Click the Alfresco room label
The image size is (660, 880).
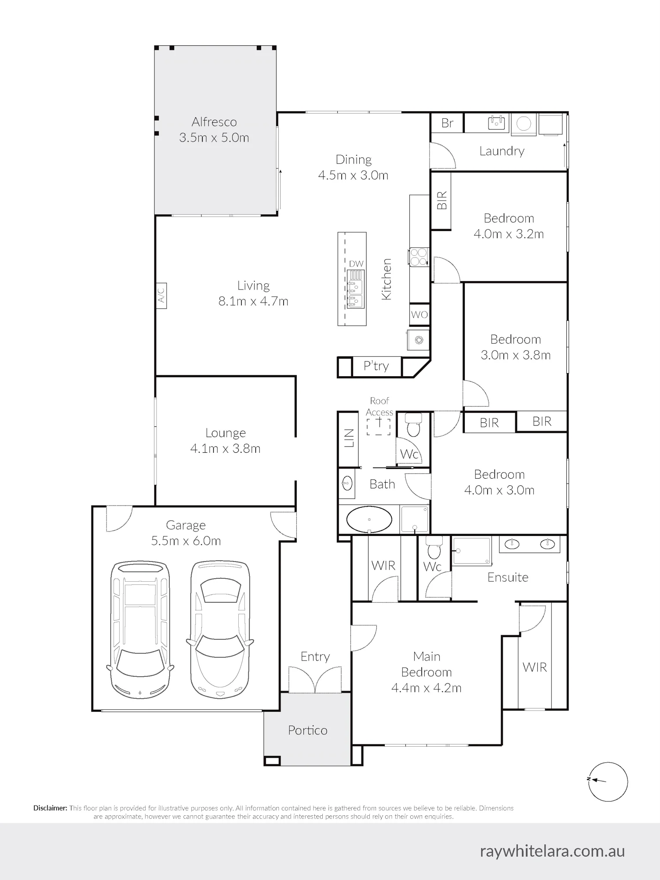click(x=214, y=122)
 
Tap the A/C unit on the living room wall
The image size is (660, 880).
click(x=161, y=295)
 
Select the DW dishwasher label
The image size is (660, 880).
click(x=356, y=264)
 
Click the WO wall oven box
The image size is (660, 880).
click(x=419, y=315)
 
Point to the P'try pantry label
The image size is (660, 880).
click(x=376, y=366)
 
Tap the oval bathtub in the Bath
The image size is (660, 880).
click(x=369, y=520)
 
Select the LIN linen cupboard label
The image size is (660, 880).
click(x=349, y=438)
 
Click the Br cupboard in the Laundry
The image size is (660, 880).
click(x=447, y=123)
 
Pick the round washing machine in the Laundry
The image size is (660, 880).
click(x=523, y=124)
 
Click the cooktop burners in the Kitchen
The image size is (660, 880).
click(x=419, y=257)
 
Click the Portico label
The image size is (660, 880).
click(x=308, y=730)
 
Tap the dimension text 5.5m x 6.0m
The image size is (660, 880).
click(x=186, y=541)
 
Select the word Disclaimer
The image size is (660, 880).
click(x=51, y=808)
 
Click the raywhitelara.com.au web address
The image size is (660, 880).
click(x=552, y=851)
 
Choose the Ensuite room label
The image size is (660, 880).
click(x=508, y=577)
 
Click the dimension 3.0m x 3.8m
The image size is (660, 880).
click(x=516, y=355)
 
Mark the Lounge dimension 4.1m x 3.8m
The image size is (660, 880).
click(x=226, y=449)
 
